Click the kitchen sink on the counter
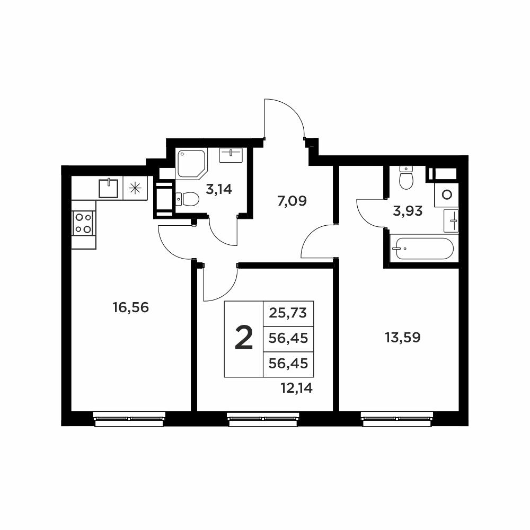tap(108, 188)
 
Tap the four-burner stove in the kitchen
tap(84, 223)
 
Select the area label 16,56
tap(130, 307)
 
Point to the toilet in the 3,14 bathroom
tap(187, 199)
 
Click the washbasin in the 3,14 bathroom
tap(231, 155)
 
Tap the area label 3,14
tap(219, 189)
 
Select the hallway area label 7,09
tap(291, 201)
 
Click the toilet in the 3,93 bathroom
tap(406, 178)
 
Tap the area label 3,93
tap(408, 211)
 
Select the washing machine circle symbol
tap(447, 195)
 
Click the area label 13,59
tap(403, 337)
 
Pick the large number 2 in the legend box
tap(244, 338)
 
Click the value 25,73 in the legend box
tap(288, 313)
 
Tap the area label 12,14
tap(296, 388)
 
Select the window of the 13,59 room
tap(397, 419)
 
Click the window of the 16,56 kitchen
tap(129, 419)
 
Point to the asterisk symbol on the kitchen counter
tap(135, 188)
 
